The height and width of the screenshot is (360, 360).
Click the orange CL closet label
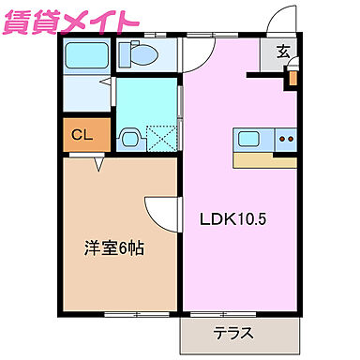[82, 135]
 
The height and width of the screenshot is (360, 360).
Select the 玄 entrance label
[282, 52]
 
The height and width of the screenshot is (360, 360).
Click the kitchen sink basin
[250, 140]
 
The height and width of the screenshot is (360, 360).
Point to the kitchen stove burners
[285, 140]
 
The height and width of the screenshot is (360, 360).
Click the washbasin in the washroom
[128, 138]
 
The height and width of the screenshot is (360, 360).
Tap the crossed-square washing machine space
[161, 139]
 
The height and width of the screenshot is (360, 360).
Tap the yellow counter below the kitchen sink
[265, 159]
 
